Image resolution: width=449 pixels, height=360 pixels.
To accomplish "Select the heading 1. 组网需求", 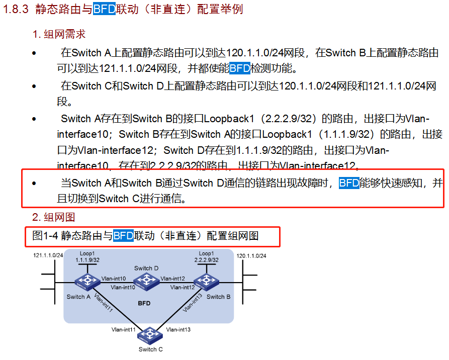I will point(59,34).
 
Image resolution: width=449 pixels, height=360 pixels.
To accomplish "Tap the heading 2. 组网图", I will point(53,217).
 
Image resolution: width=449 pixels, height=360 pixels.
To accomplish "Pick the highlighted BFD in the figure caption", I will point(123,235).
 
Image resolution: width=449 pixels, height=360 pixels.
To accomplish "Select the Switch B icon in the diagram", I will point(205,282).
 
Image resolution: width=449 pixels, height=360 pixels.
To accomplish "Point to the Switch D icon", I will point(146,282).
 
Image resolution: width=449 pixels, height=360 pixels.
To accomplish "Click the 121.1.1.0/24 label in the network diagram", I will point(48,256).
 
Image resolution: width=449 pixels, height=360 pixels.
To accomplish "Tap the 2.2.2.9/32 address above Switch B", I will point(206,260).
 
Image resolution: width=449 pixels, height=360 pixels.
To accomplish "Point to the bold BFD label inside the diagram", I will point(144,304).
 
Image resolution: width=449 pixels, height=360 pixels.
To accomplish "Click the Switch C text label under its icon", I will point(151,349).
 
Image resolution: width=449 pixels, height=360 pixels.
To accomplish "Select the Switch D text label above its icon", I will point(146,268).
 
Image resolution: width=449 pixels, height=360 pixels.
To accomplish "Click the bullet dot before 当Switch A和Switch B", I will point(34,184).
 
